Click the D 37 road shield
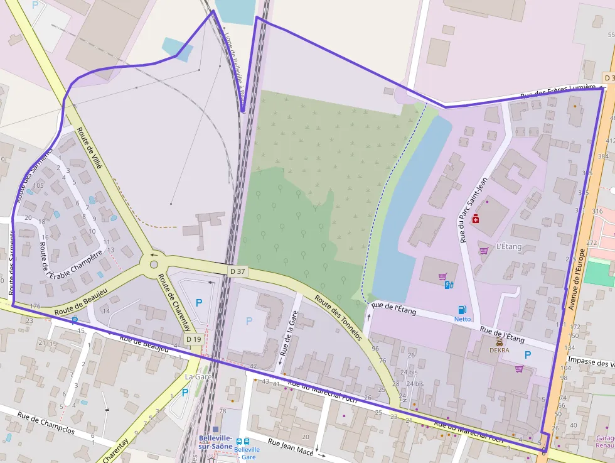[237, 271]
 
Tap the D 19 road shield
[193, 339]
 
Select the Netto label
[463, 319]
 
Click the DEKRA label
[500, 350]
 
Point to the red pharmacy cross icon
[476, 219]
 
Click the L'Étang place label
[508, 247]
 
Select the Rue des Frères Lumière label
[557, 92]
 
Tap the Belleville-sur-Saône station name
[215, 441]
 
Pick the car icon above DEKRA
[500, 342]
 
